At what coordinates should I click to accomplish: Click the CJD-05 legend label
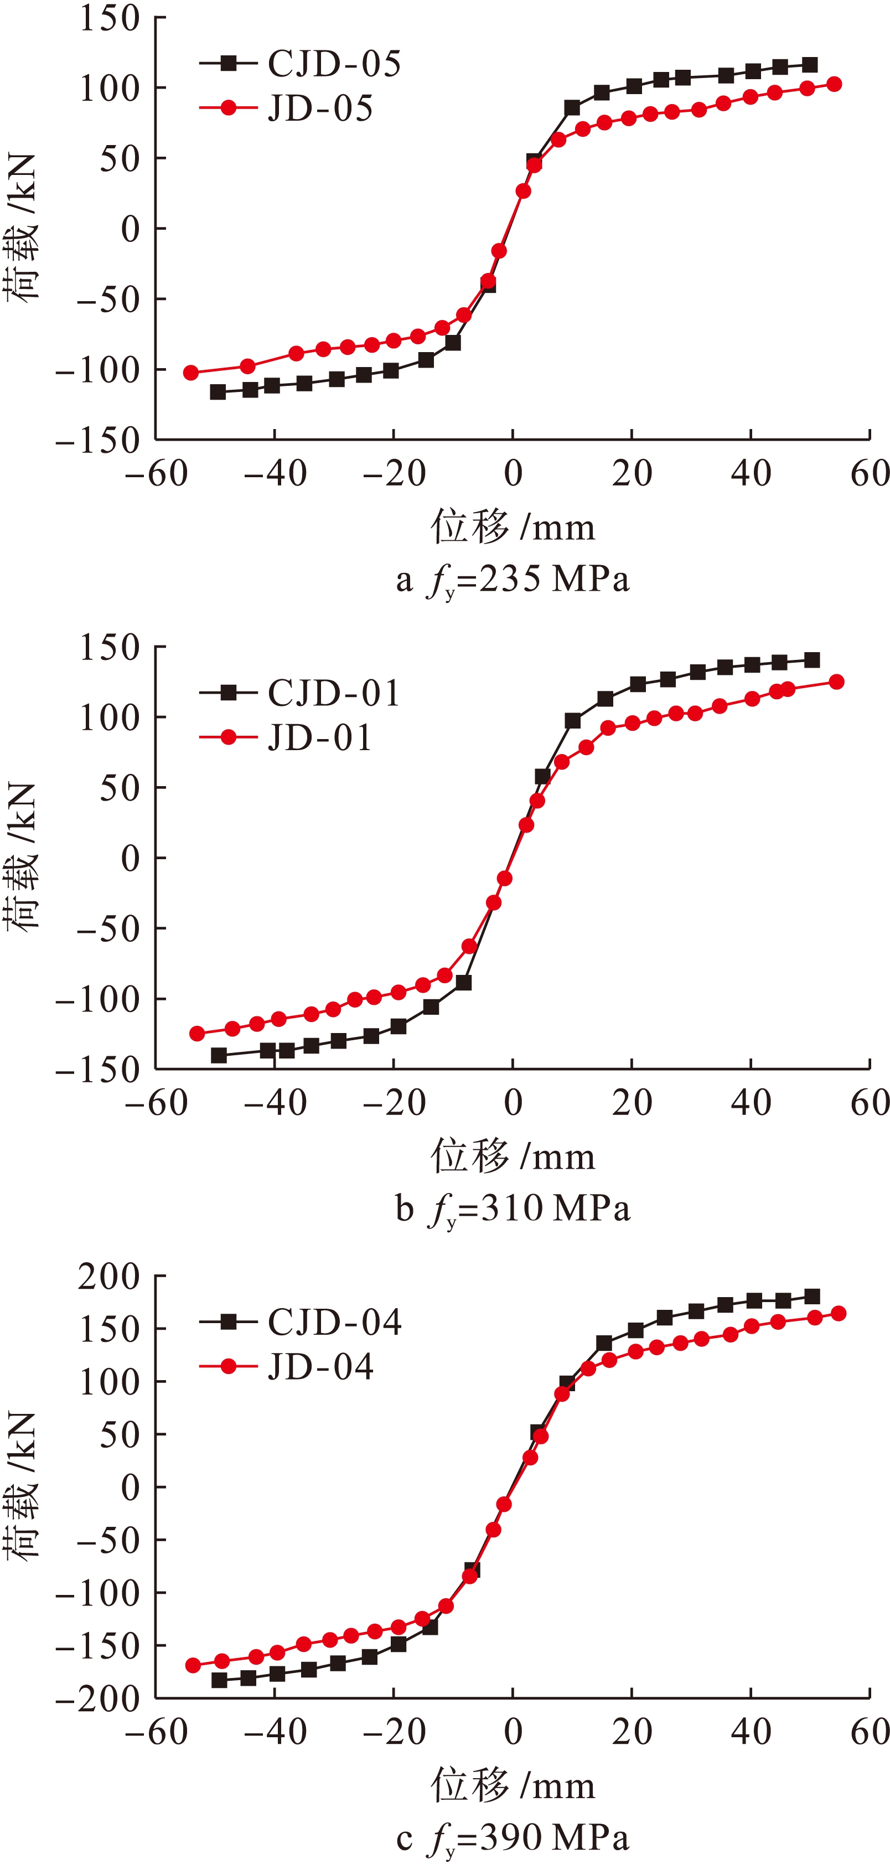pyautogui.click(x=334, y=64)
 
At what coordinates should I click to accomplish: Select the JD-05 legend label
pyautogui.click(x=320, y=109)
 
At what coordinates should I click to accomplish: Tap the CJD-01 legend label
pyautogui.click(x=334, y=693)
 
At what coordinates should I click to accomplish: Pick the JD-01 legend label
pyautogui.click(x=320, y=738)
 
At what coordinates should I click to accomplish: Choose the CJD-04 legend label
pyautogui.click(x=334, y=1322)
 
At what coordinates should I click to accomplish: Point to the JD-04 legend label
pyautogui.click(x=320, y=1367)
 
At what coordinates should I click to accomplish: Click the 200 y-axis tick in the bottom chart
pyautogui.click(x=108, y=1277)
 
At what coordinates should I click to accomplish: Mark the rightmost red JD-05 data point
pyautogui.click(x=834, y=84)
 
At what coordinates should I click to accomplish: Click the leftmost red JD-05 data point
pyautogui.click(x=191, y=373)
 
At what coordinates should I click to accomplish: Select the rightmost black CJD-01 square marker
pyautogui.click(x=812, y=660)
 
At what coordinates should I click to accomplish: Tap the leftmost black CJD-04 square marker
pyautogui.click(x=219, y=1680)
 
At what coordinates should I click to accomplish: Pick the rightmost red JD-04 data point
pyautogui.click(x=839, y=1313)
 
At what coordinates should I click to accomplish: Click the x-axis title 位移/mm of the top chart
pyautogui.click(x=513, y=527)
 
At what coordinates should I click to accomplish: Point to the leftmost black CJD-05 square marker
pyautogui.click(x=218, y=392)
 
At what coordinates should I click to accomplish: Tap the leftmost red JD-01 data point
pyautogui.click(x=197, y=1033)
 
